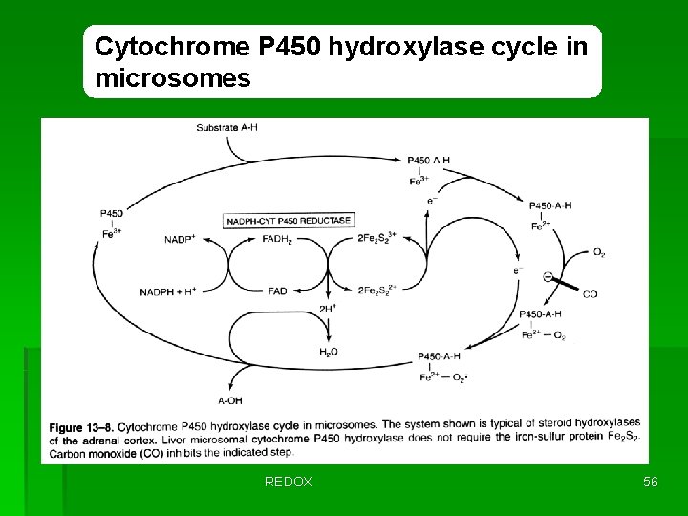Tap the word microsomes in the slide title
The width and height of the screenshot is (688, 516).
pyautogui.click(x=173, y=78)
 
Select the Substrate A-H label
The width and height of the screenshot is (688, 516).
pyautogui.click(x=226, y=127)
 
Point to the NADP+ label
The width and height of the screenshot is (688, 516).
pyautogui.click(x=180, y=238)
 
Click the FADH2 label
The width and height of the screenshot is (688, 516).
pyautogui.click(x=278, y=239)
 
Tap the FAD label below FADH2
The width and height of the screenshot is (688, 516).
pyautogui.click(x=278, y=291)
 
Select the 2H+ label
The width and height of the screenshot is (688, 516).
pyautogui.click(x=328, y=309)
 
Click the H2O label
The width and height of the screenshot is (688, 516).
pyautogui.click(x=328, y=353)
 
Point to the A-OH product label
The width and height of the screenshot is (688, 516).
pyautogui.click(x=230, y=400)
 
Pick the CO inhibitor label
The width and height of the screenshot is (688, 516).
pyautogui.click(x=590, y=294)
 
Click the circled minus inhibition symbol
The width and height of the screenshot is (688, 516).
pyautogui.click(x=548, y=277)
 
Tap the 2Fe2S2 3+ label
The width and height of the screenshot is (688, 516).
pyautogui.click(x=376, y=238)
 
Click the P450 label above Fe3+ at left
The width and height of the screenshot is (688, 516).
pyautogui.click(x=110, y=213)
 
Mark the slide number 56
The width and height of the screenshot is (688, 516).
pyautogui.click(x=650, y=483)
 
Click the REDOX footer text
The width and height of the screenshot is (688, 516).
pyautogui.click(x=288, y=483)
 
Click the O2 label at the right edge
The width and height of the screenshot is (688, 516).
pyautogui.click(x=598, y=252)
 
